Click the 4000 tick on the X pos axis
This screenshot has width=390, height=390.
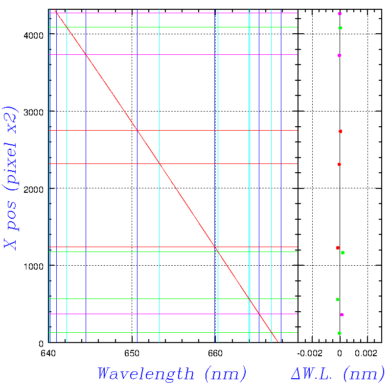tap(34, 35)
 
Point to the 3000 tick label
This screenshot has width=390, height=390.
tap(34, 112)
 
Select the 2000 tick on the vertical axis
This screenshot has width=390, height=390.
tap(34, 189)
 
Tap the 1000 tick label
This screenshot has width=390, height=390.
tap(34, 266)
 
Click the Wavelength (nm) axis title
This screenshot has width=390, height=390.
tap(172, 374)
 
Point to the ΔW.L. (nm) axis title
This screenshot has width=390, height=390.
tap(338, 374)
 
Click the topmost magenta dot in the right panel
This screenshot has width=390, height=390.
tap(340, 14)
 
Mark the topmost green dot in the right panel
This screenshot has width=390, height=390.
tap(341, 28)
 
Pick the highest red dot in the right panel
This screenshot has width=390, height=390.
tap(340, 132)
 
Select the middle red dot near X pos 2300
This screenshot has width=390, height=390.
tap(339, 164)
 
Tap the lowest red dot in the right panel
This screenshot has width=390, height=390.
tap(338, 248)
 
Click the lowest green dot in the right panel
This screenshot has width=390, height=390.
tap(339, 333)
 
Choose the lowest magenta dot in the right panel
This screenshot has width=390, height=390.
tap(342, 315)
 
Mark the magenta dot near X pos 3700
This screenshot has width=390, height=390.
tap(339, 56)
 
